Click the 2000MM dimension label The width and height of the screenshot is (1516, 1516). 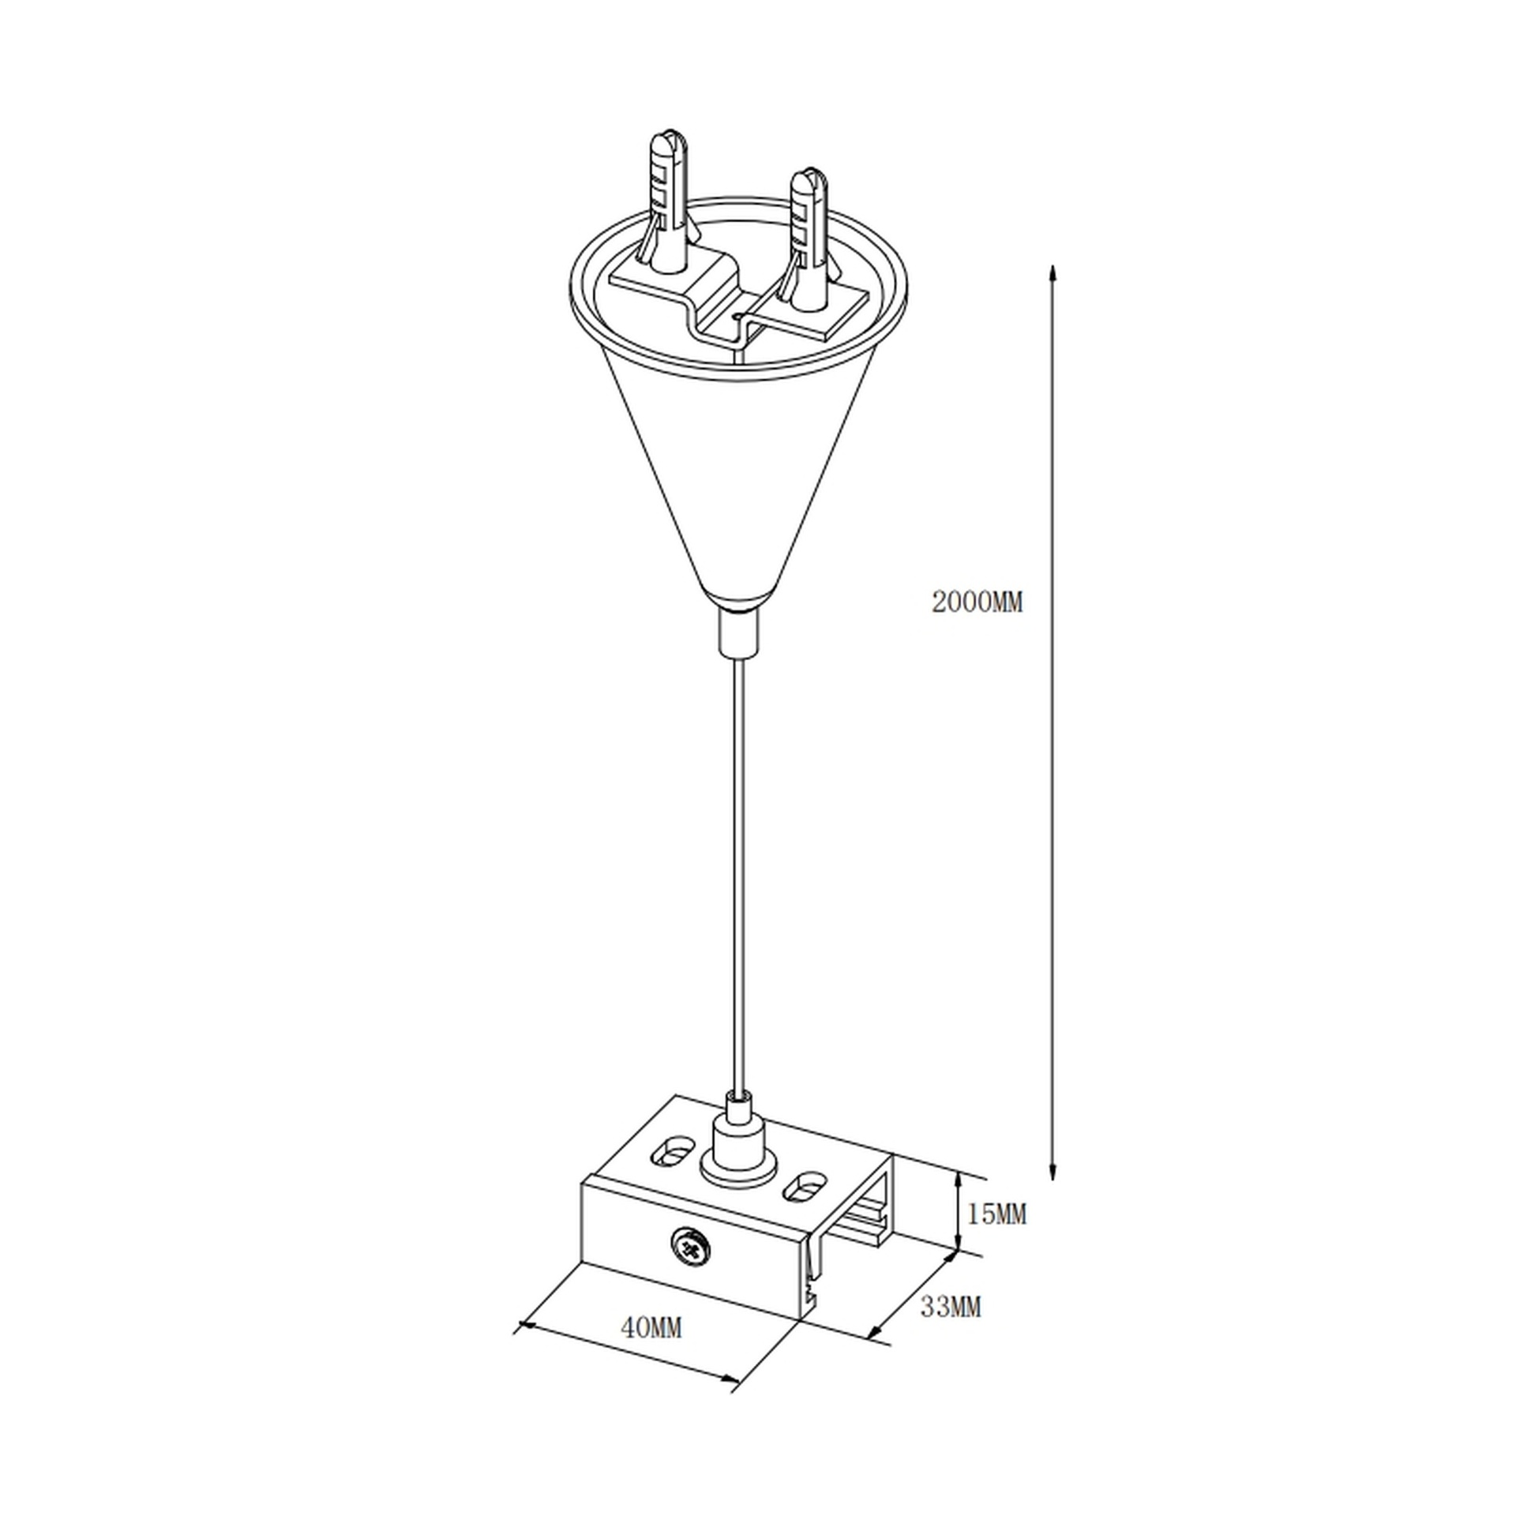[x=977, y=602]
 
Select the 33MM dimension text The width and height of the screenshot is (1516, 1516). [x=951, y=1307]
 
